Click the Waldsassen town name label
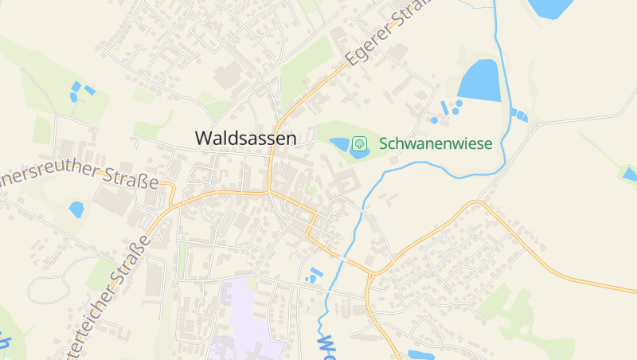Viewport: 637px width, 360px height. coord(245,138)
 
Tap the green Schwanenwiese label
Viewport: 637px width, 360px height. coord(436,144)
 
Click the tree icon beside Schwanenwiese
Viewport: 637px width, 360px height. coord(359,143)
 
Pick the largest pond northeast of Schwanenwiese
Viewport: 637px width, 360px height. coord(480,80)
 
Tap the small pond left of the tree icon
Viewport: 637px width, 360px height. coord(340,144)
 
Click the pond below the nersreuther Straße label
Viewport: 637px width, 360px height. coord(76,209)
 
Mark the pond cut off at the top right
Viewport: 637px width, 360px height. coord(551,8)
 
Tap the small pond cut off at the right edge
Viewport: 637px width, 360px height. coord(630,174)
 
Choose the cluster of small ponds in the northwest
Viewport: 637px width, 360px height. coord(80,91)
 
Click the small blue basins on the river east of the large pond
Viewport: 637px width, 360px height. coord(519,115)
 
